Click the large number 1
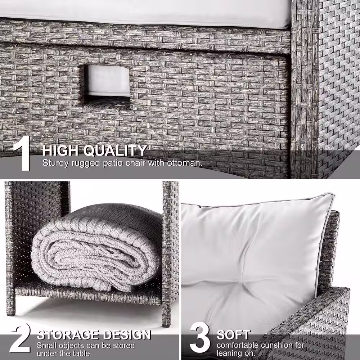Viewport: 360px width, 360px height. pyautogui.click(x=22, y=153)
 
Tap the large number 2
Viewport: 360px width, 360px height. pyautogui.click(x=20, y=338)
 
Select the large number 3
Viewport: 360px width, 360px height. pyautogui.click(x=200, y=338)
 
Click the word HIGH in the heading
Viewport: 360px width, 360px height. pyautogui.click(x=61, y=151)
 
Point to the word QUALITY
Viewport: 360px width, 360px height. pyautogui.click(x=115, y=151)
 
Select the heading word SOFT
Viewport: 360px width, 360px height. pyautogui.click(x=234, y=335)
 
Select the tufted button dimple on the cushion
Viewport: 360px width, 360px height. pyautogui.click(x=238, y=280)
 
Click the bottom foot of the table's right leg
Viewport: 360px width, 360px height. pyautogui.click(x=166, y=324)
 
